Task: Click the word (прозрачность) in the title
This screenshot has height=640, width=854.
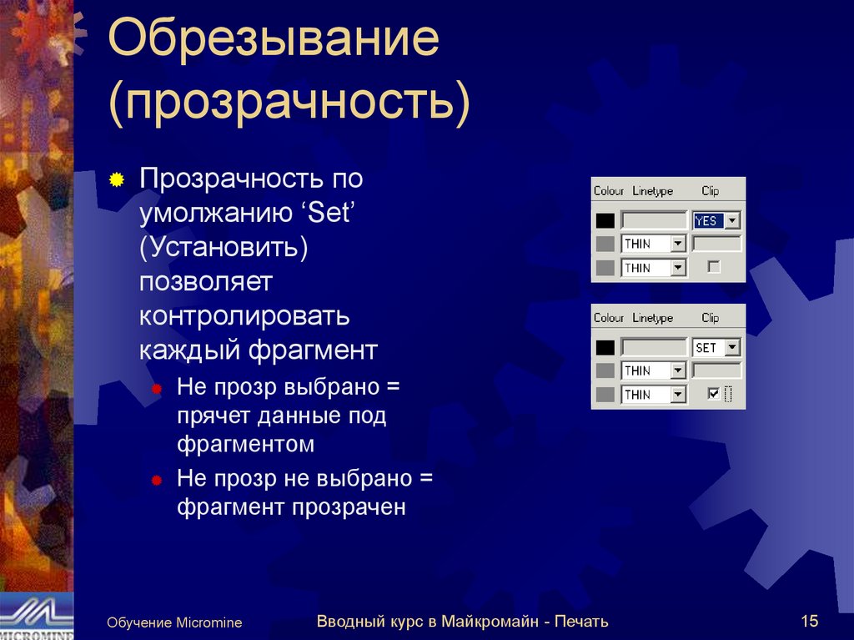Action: (x=289, y=103)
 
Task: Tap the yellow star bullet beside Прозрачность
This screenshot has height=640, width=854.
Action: (x=118, y=180)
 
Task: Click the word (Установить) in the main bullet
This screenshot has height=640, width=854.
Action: (x=224, y=248)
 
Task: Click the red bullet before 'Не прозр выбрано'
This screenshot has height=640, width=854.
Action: (x=156, y=391)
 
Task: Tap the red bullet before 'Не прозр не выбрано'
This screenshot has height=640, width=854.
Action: (x=156, y=481)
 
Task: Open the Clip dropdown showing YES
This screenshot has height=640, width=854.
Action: (x=732, y=221)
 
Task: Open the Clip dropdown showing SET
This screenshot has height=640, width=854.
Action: (x=732, y=348)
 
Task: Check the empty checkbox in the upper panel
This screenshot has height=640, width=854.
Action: (x=713, y=267)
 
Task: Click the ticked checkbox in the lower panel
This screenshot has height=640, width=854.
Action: (x=713, y=394)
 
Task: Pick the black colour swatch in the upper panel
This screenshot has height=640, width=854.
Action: (x=605, y=221)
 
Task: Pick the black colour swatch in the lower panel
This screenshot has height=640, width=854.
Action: (x=605, y=348)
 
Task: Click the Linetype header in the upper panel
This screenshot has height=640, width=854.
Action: (x=652, y=191)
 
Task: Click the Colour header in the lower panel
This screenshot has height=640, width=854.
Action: (x=609, y=318)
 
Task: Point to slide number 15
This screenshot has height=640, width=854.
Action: (x=808, y=621)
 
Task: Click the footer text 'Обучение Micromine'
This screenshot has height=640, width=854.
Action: (x=173, y=622)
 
